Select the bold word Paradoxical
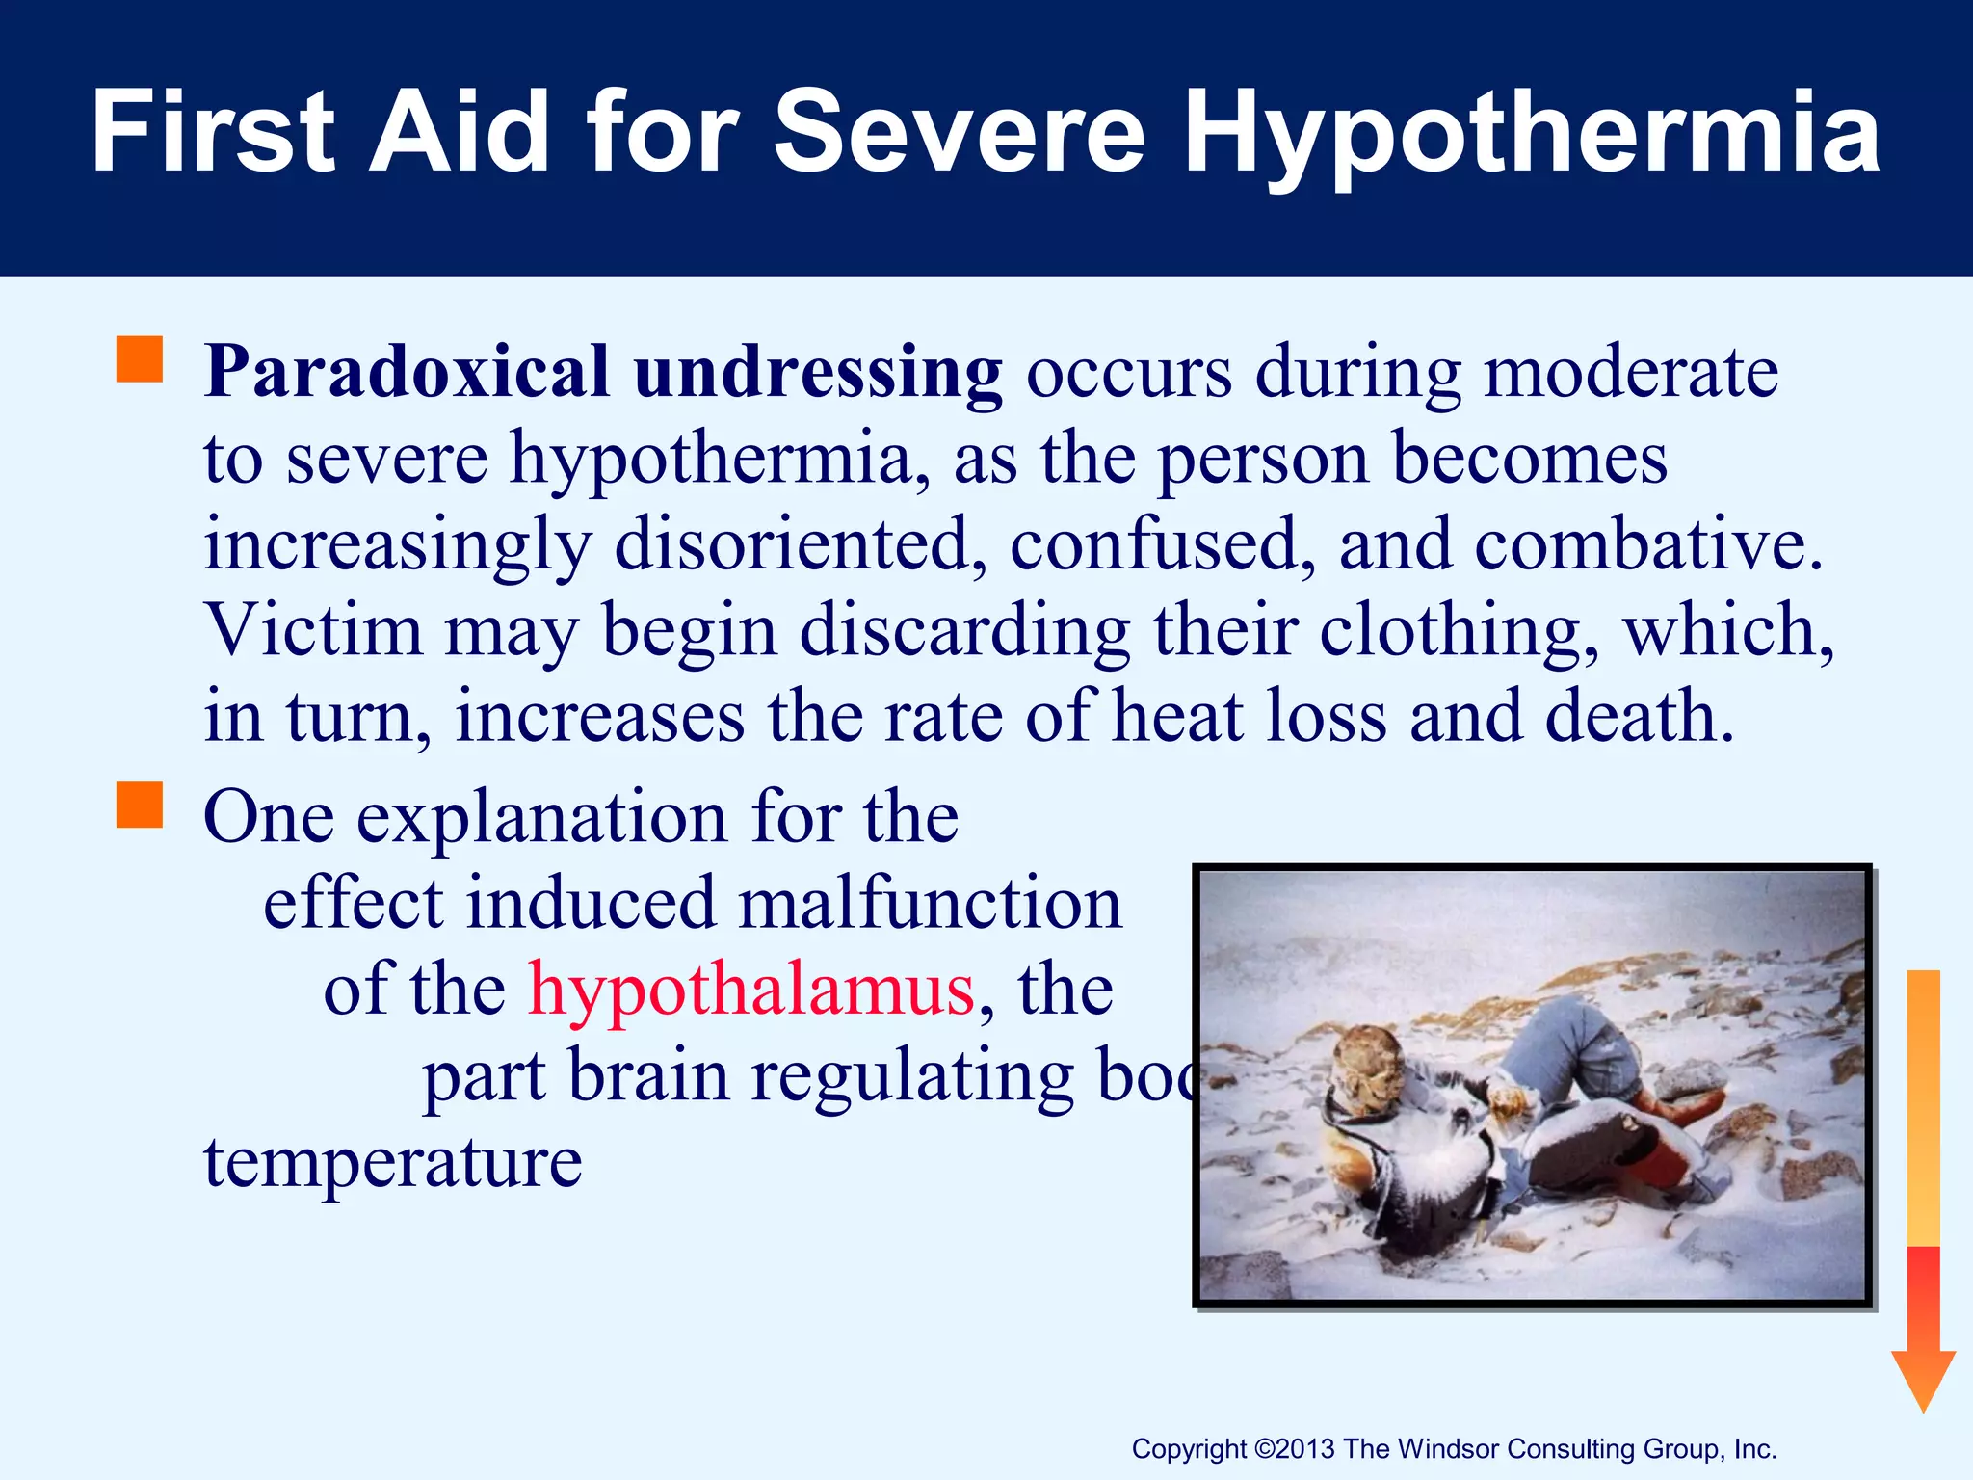point(408,372)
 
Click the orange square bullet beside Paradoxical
point(140,360)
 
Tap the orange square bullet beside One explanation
point(140,806)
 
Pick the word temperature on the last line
point(393,1164)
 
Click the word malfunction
point(930,905)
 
